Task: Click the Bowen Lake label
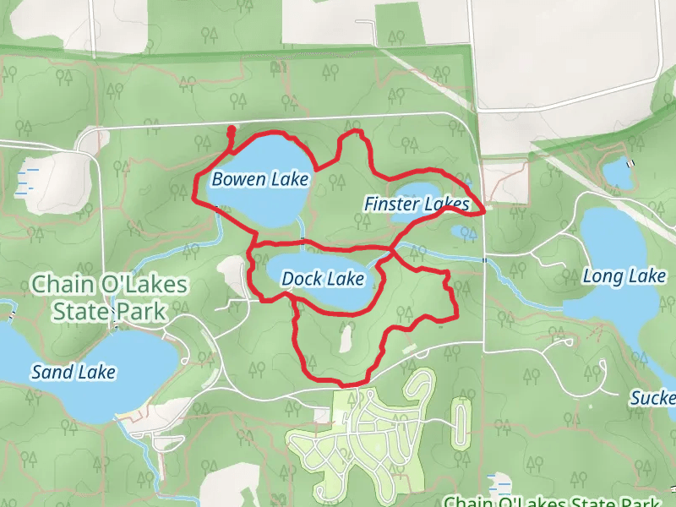[x=260, y=179]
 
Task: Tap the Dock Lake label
[x=323, y=278]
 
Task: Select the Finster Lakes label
[x=416, y=204]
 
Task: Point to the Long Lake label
[x=624, y=276]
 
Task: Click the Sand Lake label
[x=74, y=371]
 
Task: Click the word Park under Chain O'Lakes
[x=139, y=310]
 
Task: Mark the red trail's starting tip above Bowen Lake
[x=232, y=129]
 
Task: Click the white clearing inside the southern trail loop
[x=345, y=340]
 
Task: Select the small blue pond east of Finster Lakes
[x=462, y=231]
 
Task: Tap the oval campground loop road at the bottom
[x=461, y=424]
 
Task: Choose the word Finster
[x=392, y=204]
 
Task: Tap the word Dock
[x=301, y=278]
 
